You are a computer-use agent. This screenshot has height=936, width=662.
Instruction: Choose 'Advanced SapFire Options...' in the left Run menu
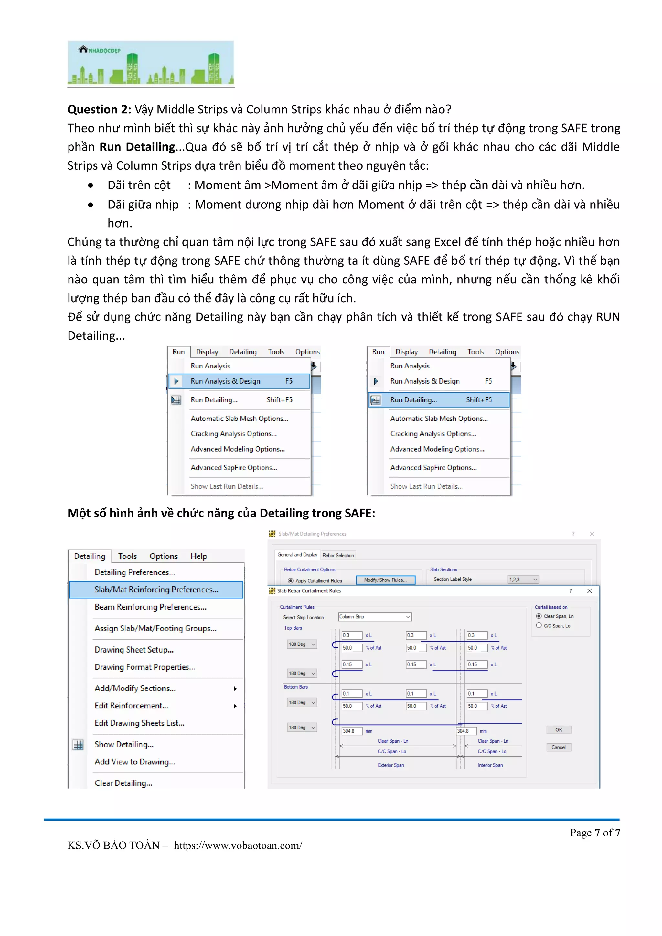234,468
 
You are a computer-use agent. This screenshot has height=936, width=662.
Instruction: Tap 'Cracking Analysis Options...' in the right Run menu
433,434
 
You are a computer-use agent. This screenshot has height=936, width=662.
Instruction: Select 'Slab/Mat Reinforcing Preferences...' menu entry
156,590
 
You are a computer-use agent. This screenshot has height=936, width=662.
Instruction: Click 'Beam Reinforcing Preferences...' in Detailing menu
150,607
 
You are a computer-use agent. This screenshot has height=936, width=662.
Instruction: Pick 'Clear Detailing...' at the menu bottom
123,783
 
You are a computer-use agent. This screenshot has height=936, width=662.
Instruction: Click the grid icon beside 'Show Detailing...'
78,745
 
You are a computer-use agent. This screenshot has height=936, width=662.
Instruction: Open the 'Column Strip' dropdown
375,617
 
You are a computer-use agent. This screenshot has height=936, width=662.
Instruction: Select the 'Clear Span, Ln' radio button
539,616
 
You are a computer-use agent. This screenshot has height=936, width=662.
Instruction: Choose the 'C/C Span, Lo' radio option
539,625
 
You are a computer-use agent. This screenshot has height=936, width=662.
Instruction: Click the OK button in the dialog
559,730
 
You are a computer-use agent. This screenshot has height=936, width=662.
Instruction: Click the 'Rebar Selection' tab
338,555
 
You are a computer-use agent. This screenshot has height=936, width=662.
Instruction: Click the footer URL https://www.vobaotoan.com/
238,846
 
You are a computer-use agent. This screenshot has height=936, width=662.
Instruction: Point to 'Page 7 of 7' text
595,833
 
